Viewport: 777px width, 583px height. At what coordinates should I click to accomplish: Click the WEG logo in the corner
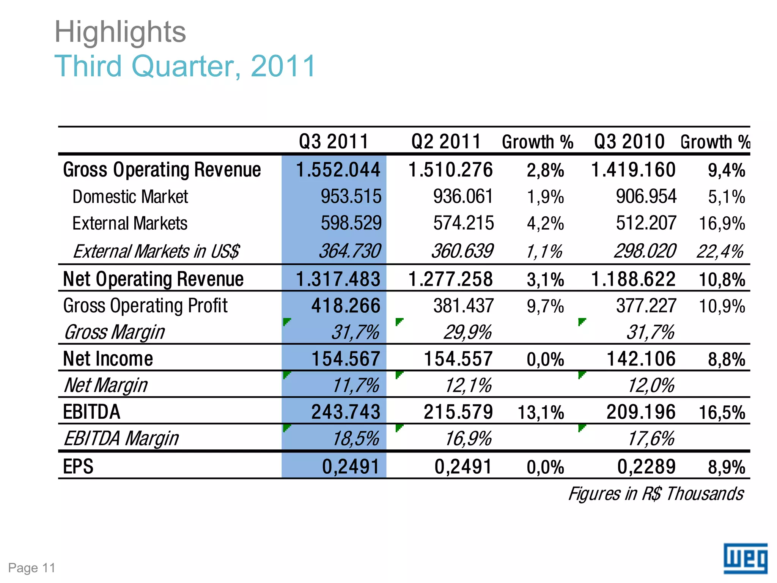(x=745, y=558)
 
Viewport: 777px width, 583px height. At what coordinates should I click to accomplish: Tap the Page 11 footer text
(x=32, y=568)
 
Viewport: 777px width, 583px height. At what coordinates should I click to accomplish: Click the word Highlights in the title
(x=120, y=32)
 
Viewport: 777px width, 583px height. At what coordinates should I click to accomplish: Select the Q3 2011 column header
(x=333, y=142)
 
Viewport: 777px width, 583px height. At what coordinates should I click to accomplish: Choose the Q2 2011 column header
(x=446, y=142)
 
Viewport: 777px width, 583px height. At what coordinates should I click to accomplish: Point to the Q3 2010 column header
(x=629, y=142)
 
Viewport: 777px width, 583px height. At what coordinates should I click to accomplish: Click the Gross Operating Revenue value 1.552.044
(x=338, y=170)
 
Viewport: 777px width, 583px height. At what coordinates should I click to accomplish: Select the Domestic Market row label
(x=130, y=197)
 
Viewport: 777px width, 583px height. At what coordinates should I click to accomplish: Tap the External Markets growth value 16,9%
(x=722, y=223)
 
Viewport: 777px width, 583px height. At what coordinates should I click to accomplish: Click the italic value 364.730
(x=349, y=251)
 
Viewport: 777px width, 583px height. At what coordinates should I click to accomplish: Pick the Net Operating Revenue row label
(x=153, y=279)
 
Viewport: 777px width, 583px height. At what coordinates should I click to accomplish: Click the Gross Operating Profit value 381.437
(x=463, y=306)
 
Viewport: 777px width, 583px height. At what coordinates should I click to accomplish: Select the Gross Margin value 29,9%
(x=467, y=332)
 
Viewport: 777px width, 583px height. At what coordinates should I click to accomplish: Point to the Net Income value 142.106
(x=641, y=359)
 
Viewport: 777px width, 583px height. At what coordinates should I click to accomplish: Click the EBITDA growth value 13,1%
(x=541, y=412)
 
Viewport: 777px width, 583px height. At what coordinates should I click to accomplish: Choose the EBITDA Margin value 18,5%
(x=355, y=439)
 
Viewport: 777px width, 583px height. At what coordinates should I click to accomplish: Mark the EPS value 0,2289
(x=646, y=466)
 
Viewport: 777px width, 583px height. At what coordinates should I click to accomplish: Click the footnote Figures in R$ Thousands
(x=656, y=494)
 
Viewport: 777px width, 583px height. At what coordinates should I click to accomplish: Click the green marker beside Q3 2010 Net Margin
(x=581, y=375)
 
